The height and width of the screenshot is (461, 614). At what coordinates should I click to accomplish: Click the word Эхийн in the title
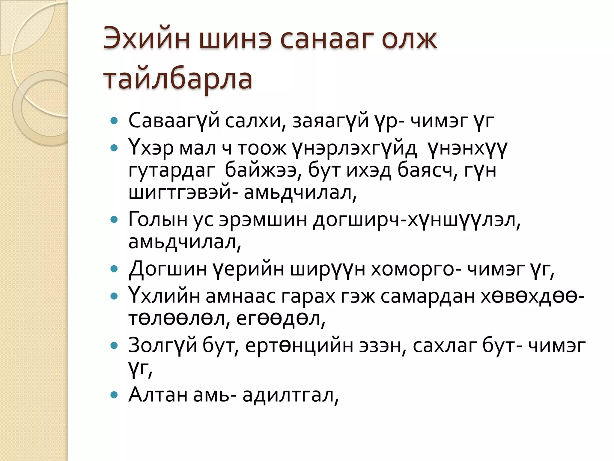click(x=147, y=39)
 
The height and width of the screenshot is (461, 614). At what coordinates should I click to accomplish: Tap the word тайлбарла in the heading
click(x=178, y=79)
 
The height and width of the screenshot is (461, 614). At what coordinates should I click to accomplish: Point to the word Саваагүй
click(x=174, y=121)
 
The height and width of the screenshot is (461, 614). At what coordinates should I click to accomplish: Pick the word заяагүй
click(x=330, y=121)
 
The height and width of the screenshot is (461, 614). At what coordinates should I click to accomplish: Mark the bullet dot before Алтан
click(x=114, y=394)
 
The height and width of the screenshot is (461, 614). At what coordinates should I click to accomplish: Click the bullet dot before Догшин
click(x=114, y=269)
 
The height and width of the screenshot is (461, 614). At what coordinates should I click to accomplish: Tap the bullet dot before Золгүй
click(x=114, y=345)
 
